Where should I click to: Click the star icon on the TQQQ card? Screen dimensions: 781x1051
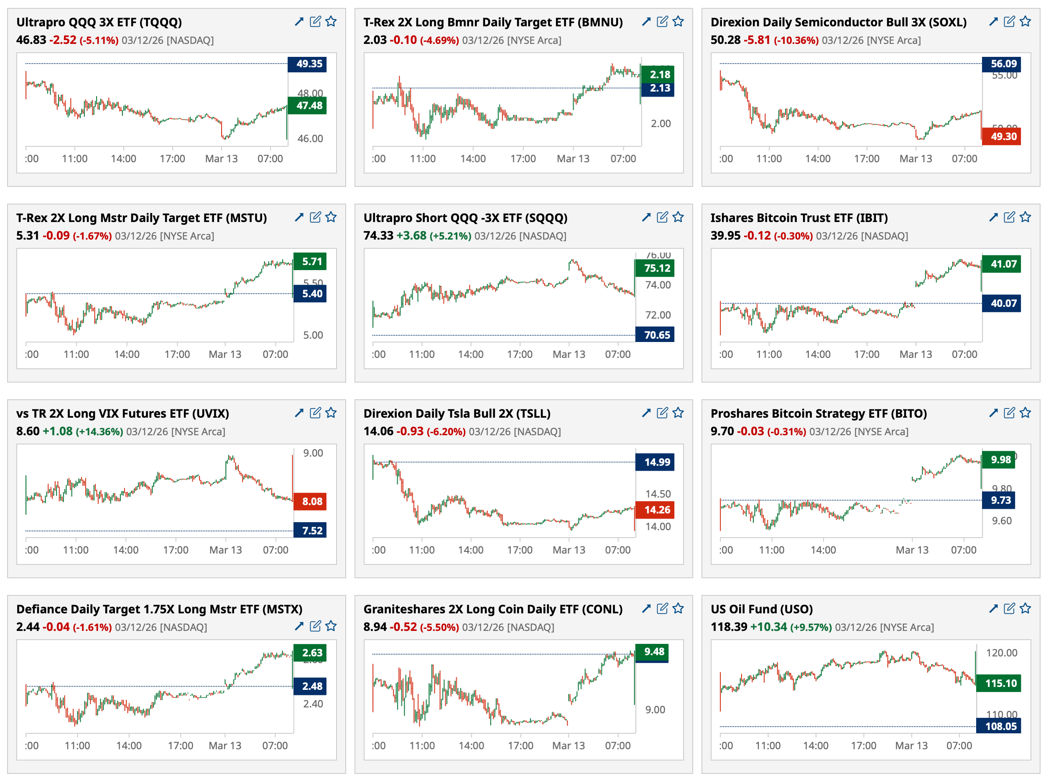[331, 21]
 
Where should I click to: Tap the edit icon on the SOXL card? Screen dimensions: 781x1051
[1009, 21]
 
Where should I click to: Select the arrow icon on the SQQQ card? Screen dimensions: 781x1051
[646, 217]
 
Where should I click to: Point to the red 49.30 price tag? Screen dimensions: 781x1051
[1000, 136]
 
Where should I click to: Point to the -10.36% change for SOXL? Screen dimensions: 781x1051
[796, 40]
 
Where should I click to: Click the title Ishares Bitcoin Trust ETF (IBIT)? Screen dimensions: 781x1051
[798, 217]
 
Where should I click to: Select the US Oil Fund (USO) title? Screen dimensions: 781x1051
[761, 609]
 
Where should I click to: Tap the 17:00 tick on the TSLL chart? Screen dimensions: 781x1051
[520, 550]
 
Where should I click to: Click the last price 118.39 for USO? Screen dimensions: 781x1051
[729, 627]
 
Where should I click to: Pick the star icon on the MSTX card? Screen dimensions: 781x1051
[331, 626]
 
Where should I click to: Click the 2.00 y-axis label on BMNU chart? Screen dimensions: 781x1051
[661, 123]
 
